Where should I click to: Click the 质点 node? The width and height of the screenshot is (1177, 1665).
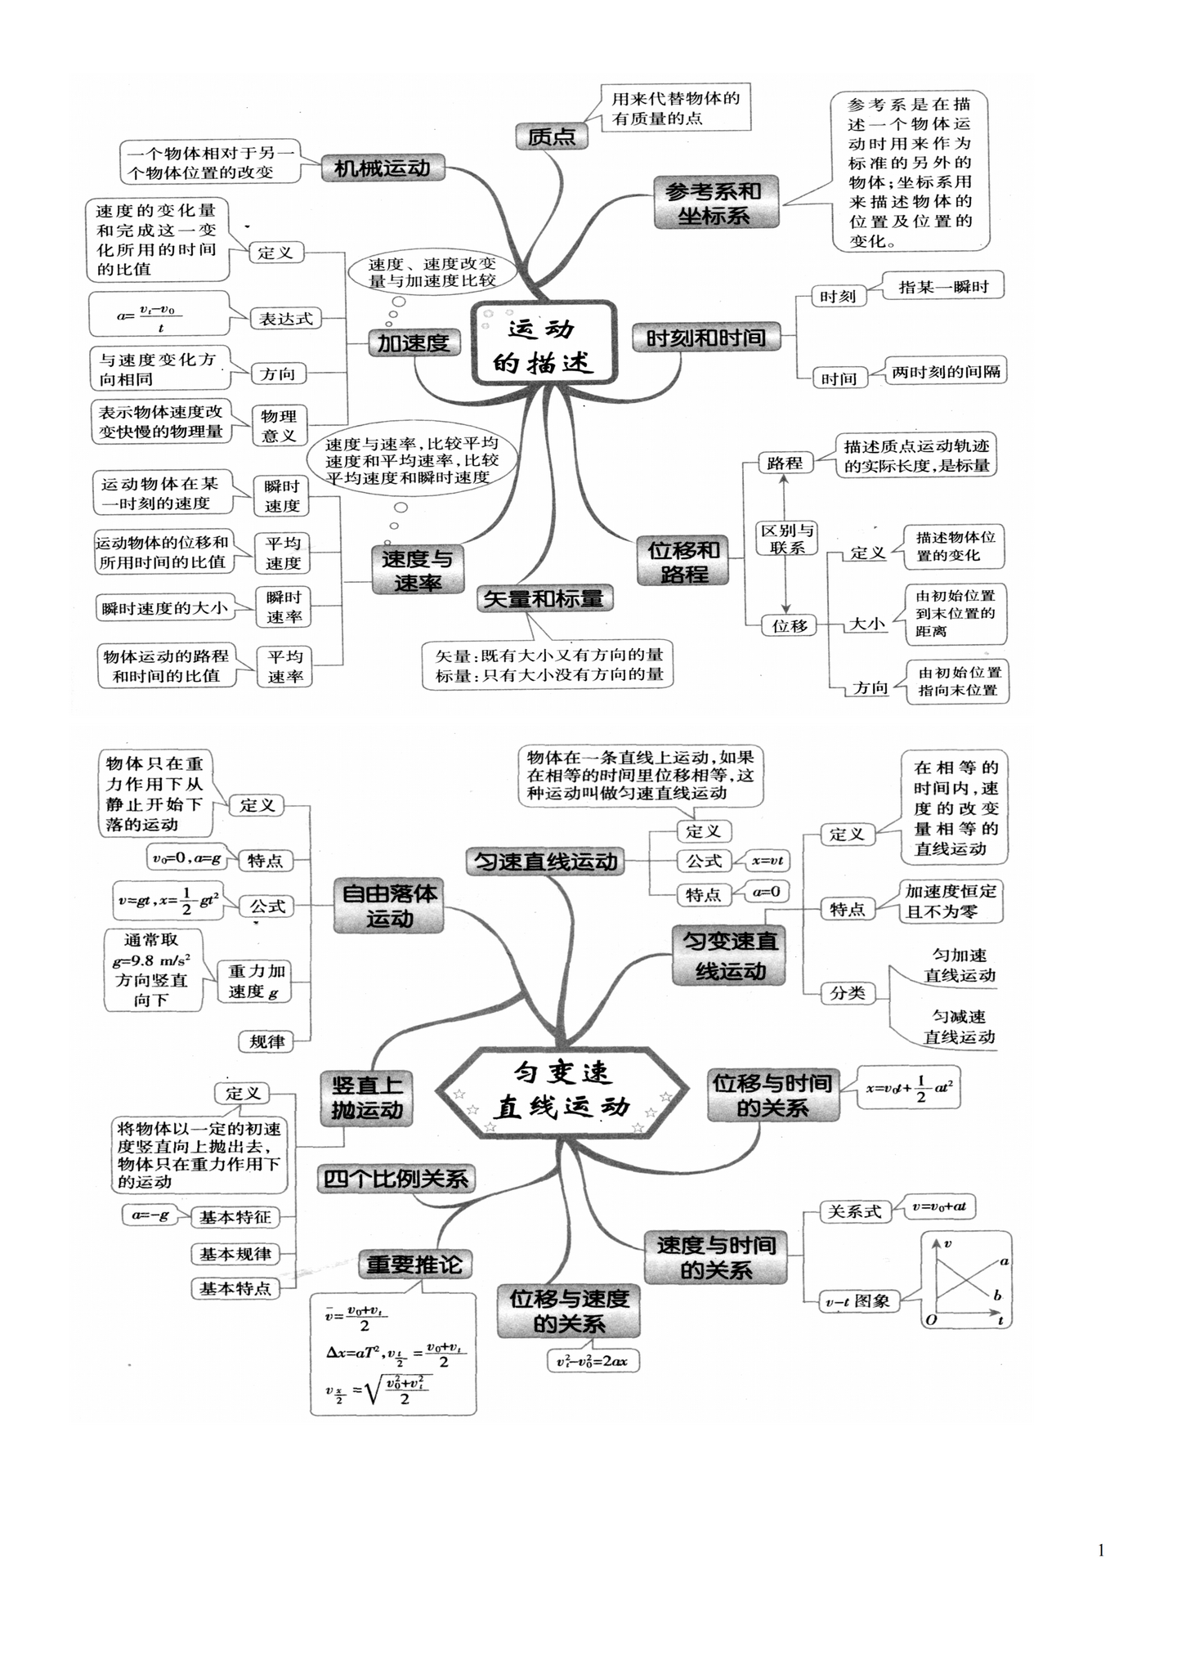(x=552, y=137)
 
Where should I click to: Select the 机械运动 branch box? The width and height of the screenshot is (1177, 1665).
(x=383, y=168)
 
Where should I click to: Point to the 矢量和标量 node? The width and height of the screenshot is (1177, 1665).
(x=544, y=599)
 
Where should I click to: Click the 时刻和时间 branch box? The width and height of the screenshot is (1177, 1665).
(x=706, y=338)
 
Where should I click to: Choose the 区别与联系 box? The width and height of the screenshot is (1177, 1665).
(x=787, y=539)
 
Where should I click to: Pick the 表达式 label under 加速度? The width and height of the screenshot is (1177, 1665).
(x=286, y=319)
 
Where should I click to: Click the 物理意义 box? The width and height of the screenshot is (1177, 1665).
(x=279, y=426)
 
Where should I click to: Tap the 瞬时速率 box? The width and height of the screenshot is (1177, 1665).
(x=284, y=607)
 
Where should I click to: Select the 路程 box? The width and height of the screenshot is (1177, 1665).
(x=785, y=463)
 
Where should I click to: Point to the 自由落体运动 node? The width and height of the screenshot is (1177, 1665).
(x=389, y=906)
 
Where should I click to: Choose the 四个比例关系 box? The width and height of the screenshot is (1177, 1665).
(x=396, y=1179)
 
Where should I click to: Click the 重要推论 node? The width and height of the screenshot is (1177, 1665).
(x=414, y=1265)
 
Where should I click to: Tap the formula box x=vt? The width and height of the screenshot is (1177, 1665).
(x=768, y=861)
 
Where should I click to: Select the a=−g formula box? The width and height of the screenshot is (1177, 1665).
(x=150, y=1215)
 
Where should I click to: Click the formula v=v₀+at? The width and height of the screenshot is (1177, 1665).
(x=940, y=1206)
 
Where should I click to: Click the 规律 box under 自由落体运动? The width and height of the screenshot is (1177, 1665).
(x=266, y=1042)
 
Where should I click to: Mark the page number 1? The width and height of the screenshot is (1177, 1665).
(x=1101, y=1550)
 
